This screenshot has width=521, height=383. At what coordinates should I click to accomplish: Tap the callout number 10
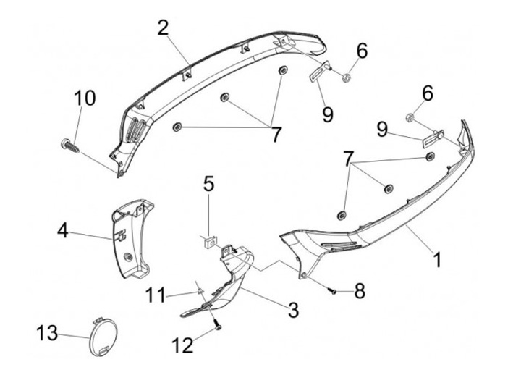coord(84,98)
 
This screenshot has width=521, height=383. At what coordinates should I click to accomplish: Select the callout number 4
coord(63,232)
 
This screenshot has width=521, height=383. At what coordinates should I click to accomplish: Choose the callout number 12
coord(183,345)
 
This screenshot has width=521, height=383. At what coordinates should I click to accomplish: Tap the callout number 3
coord(293,311)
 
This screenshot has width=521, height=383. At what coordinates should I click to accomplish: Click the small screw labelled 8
coord(333,290)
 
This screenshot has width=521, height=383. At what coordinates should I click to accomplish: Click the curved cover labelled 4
coord(134,239)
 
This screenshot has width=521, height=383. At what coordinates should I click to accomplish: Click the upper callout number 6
coord(362,51)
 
